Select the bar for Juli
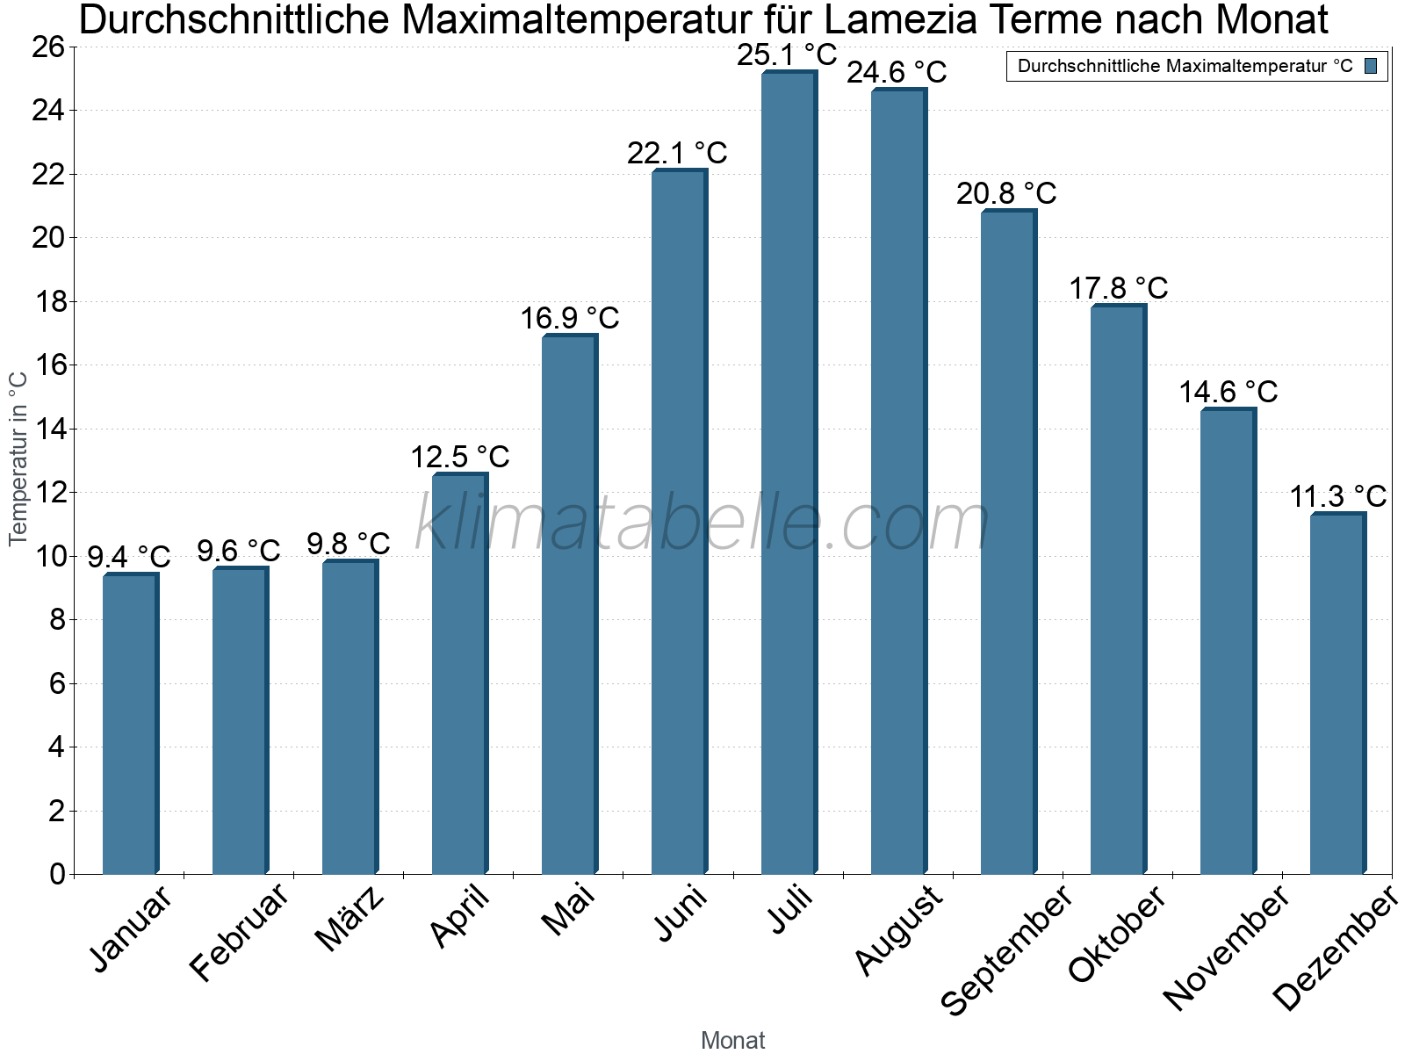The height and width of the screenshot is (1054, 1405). pos(789,474)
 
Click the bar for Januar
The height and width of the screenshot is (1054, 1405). pos(130,725)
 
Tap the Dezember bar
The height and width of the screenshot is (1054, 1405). pos(1337,694)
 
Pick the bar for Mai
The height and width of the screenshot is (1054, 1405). pos(569,606)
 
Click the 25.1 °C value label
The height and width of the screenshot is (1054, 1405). pos(787,55)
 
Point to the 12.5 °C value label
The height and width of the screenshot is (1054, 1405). pos(460,457)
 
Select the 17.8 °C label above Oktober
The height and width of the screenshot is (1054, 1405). pos(1118,288)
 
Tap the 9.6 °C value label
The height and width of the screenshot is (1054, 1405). pos(238,551)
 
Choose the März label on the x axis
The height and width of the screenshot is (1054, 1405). pos(349,919)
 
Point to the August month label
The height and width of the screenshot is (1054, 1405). pos(898,931)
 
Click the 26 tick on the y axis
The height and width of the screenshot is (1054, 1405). pos(48,47)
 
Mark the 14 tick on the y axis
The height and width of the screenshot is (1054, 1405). pos(48,430)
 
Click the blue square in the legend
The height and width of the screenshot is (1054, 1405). pos(1371,66)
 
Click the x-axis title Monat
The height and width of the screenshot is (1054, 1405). pos(732,1040)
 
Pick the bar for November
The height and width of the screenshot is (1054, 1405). pos(1228,641)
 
